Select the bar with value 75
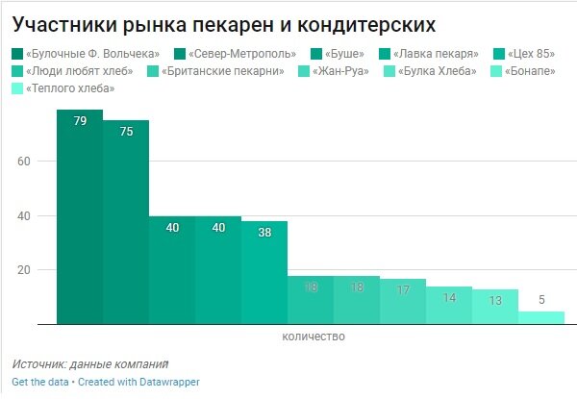tap(126, 221)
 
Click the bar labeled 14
tap(449, 305)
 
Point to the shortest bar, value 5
tap(541, 317)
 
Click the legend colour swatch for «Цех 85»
tap(498, 53)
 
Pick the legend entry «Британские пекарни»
tap(222, 71)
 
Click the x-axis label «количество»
tap(313, 337)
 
